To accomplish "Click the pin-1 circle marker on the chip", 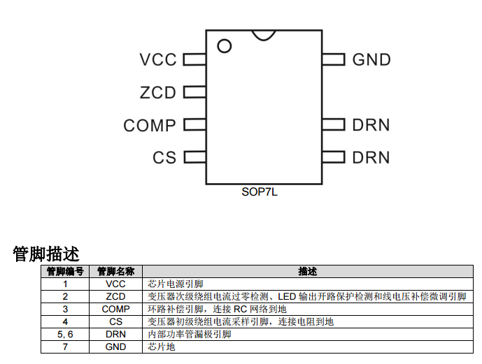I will coord(224,47).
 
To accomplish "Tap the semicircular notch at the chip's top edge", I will coord(264,34).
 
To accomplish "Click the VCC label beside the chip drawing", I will coord(158,60).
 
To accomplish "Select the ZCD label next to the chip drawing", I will coord(158,92).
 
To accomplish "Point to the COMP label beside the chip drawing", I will coord(150,126).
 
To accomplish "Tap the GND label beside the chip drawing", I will coord(371,60).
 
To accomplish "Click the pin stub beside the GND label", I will coord(334,60).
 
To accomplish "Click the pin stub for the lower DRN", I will coord(334,158).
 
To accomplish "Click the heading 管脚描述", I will coord(46,254).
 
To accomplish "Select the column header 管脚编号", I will coord(65,272).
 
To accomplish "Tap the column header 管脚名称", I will coord(115,272).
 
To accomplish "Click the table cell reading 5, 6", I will coord(65,335).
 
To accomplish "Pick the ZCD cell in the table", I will coord(115,297).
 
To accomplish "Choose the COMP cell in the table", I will coord(115,310).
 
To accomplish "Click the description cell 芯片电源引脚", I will coord(176,284).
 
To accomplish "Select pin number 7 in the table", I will coord(65,347).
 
